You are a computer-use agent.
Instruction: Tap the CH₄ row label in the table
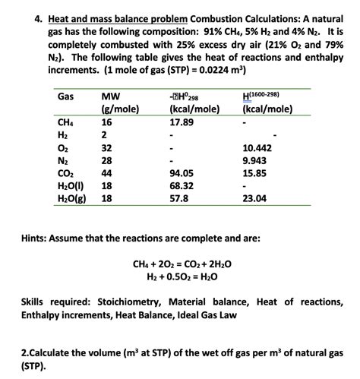coord(65,122)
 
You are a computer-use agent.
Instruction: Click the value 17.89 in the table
coord(182,122)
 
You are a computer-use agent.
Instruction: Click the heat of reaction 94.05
coord(182,173)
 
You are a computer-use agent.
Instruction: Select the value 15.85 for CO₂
coord(254,173)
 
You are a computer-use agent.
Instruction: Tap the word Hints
coord(38,237)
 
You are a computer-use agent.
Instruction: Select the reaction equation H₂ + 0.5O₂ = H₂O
coord(176,276)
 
